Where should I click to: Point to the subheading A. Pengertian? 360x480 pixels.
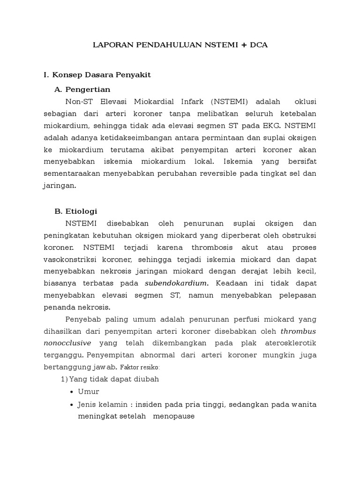point(82,89)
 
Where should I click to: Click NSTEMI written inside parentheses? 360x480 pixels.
point(229,101)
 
